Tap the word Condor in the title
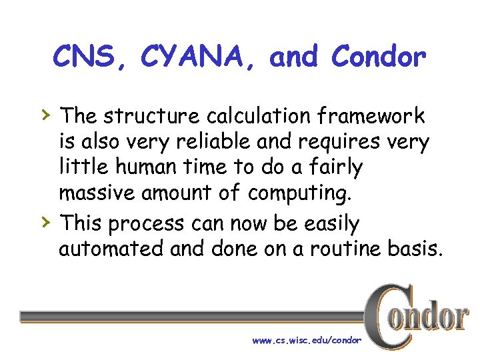point(378,58)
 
